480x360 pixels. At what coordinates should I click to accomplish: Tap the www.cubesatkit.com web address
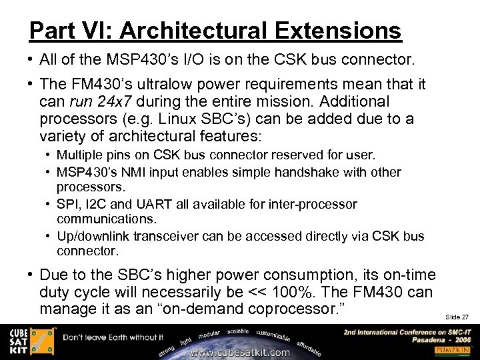point(240,352)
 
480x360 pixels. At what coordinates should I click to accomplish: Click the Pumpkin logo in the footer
point(453,350)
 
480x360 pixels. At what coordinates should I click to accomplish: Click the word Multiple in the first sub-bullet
point(79,155)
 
